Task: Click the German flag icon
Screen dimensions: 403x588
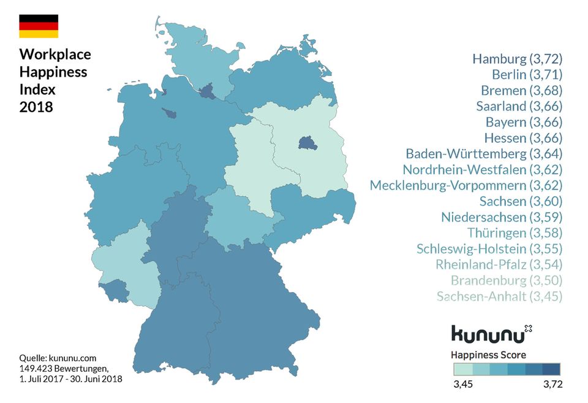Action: click(x=39, y=26)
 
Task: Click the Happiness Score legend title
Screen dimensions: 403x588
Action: click(x=488, y=355)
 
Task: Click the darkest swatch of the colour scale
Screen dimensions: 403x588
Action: click(x=551, y=369)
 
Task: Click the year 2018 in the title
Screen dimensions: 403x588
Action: click(x=36, y=107)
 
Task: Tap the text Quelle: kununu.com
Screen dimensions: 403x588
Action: click(x=58, y=358)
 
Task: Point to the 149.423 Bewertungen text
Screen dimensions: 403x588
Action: click(x=63, y=368)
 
